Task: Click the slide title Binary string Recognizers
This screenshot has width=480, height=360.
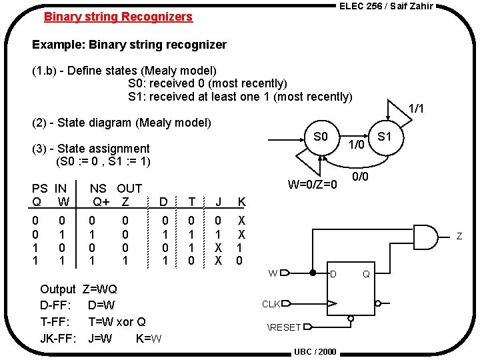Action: pos(118,17)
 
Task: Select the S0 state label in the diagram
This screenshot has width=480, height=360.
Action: pos(321,137)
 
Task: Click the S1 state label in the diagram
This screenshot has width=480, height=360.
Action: pos(384,137)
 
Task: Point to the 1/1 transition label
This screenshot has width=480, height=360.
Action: pos(416,108)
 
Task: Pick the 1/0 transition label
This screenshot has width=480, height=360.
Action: pos(357,144)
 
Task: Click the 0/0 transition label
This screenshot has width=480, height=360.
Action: pos(361,177)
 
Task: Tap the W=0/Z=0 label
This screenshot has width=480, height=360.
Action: pos(313,183)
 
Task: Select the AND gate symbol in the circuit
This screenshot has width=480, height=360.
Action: pos(427,235)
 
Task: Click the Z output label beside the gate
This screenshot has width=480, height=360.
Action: pos(459,235)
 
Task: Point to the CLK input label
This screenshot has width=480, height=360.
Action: pos(271,304)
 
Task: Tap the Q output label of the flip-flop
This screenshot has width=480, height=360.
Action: pos(365,273)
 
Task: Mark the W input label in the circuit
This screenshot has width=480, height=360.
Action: pos(273,272)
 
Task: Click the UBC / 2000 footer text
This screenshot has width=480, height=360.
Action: pos(315,352)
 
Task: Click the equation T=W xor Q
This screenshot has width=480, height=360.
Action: pos(117,321)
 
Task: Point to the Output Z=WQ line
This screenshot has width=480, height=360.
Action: pos(78,289)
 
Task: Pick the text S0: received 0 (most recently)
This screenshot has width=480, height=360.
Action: pos(207,83)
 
